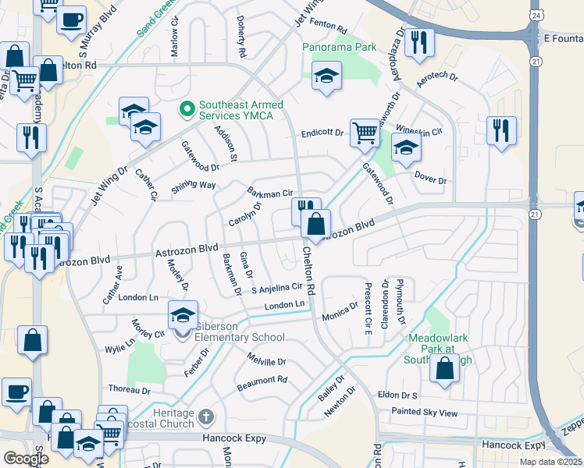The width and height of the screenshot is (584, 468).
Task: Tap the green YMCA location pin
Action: [187, 108]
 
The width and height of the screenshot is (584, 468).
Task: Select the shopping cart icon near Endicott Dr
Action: [365, 133]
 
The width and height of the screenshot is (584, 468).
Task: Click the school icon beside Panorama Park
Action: [326, 76]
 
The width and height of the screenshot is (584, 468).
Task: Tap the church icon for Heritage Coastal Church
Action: [205, 417]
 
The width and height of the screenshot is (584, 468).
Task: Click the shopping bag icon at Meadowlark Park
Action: [444, 370]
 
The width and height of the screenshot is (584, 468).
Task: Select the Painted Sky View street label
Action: [425, 413]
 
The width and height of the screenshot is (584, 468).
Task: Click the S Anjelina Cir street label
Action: [276, 288]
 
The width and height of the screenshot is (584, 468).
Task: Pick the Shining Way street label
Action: [193, 186]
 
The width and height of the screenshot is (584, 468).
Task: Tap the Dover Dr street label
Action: [430, 179]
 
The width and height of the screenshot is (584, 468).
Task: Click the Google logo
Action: [26, 459]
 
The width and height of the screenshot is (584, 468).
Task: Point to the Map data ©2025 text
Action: [550, 462]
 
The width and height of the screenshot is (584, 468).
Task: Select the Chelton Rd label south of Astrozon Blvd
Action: [308, 270]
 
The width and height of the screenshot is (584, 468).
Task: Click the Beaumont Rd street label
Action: [262, 381]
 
